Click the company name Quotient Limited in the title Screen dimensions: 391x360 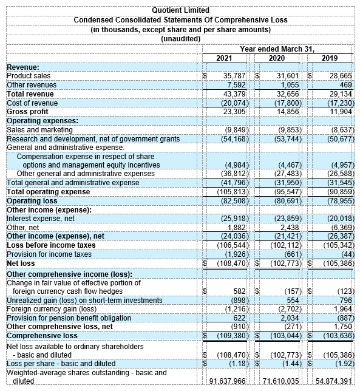pos(180,10)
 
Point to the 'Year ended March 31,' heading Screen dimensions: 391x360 pos(277,49)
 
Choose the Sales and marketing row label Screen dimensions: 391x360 pos(36,129)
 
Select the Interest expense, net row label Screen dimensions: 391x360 pos(40,218)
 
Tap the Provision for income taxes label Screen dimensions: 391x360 pos(49,254)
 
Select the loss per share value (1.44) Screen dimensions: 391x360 pos(290,363)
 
